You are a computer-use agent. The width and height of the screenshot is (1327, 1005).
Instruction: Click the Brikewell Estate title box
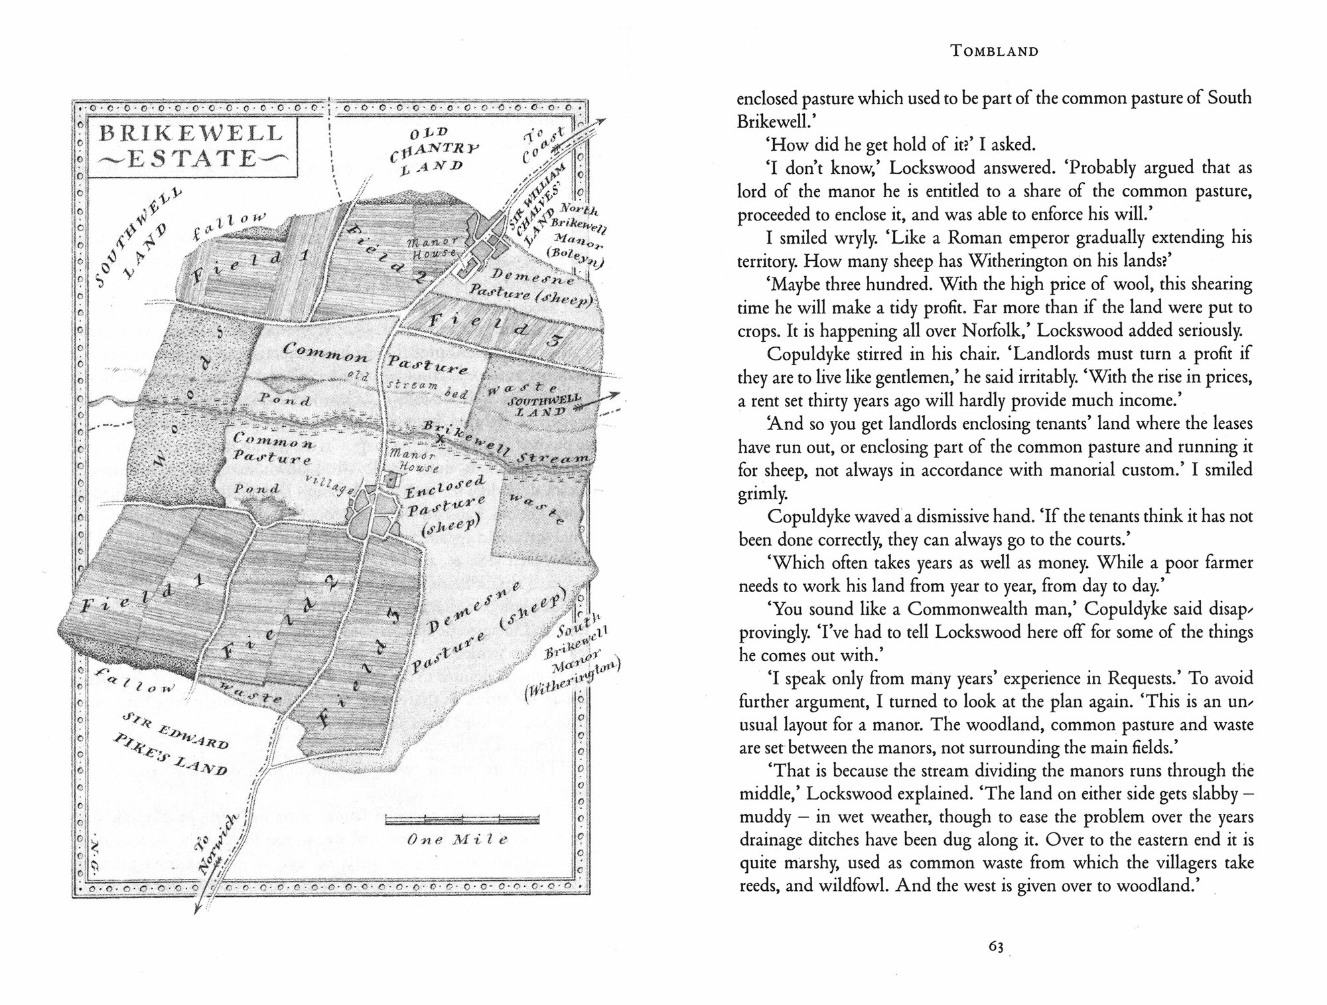tap(191, 147)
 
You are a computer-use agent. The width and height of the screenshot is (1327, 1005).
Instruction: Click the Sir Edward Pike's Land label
tap(176, 743)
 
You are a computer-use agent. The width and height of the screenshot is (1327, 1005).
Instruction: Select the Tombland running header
tap(995, 51)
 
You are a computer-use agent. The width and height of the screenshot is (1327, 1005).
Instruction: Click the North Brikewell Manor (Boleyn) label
tap(577, 236)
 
